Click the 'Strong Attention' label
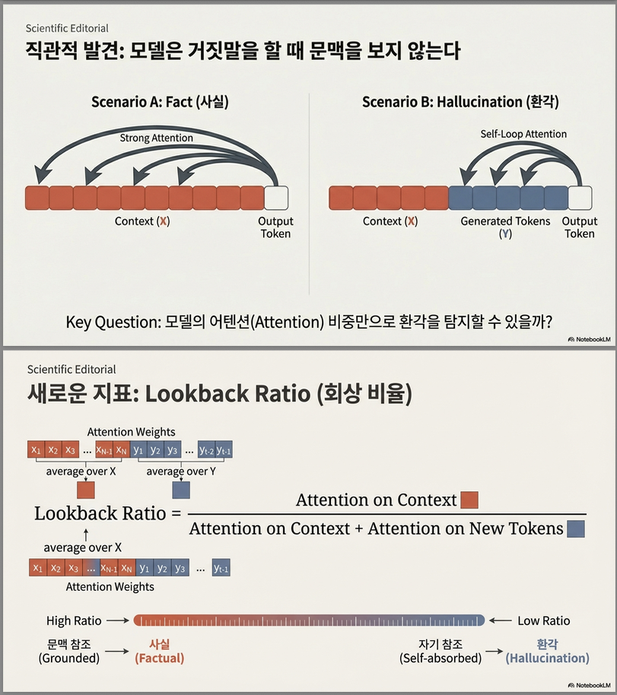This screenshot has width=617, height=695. tap(157, 138)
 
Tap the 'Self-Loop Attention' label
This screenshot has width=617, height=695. tap(523, 134)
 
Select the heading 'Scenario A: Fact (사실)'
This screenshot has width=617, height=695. tap(159, 101)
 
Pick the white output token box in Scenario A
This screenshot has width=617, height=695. tap(276, 198)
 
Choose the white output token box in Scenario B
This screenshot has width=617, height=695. tap(580, 198)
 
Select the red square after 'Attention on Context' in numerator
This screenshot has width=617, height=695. tap(469, 500)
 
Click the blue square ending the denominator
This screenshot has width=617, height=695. tap(576, 528)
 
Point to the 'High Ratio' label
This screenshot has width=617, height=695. tap(74, 620)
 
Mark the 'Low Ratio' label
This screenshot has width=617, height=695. tap(543, 620)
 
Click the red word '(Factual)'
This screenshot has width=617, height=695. tap(160, 658)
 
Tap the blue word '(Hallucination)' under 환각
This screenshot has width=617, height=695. tap(547, 658)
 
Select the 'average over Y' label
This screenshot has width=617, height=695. tap(180, 471)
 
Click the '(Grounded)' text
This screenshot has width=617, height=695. tap(68, 658)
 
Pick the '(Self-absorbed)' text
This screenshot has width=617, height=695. tap(440, 658)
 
